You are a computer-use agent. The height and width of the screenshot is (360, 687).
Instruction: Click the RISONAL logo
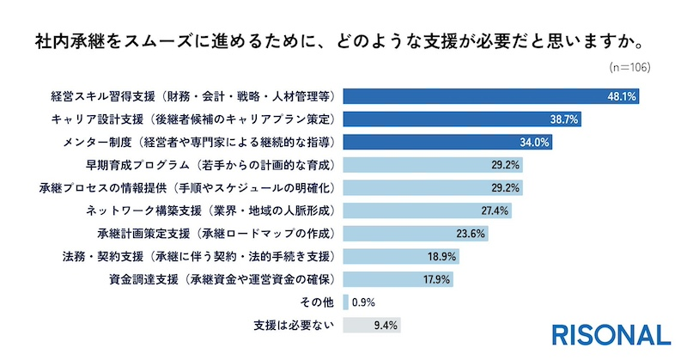tap(611, 334)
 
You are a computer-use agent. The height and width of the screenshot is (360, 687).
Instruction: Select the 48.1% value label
tap(621, 96)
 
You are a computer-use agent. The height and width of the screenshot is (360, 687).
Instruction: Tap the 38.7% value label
tap(563, 119)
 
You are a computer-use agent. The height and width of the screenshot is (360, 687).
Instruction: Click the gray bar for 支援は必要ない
tap(371, 326)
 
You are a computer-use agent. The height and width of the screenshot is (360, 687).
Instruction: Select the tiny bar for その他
tap(345, 302)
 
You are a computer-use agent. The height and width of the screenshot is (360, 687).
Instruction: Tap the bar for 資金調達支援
tap(398, 279)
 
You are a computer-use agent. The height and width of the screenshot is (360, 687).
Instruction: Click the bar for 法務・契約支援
tap(400, 256)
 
